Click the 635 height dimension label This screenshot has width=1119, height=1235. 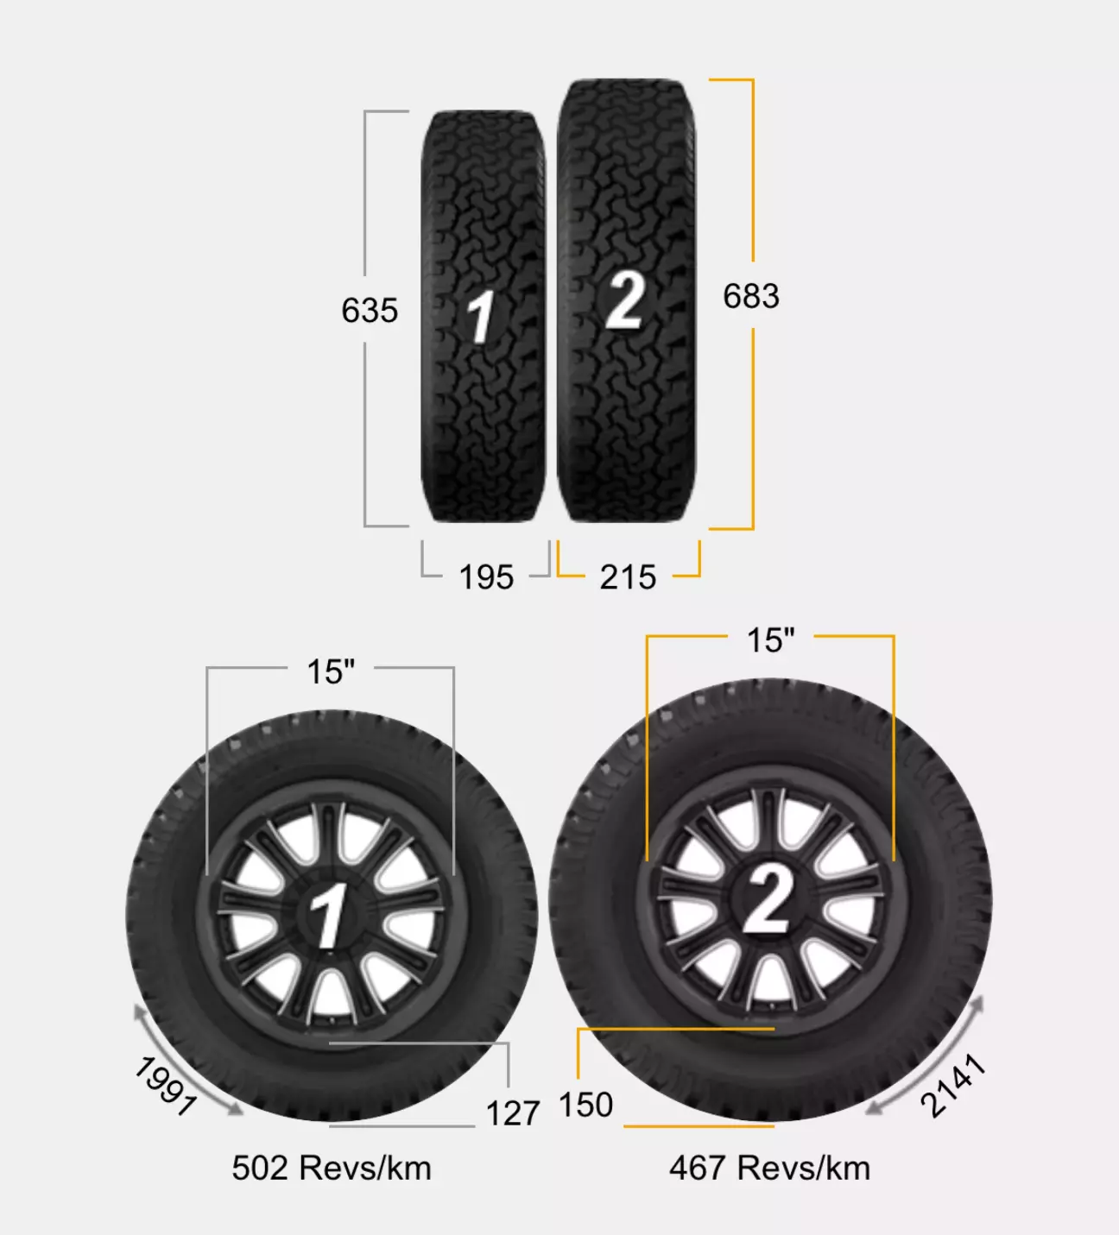pyautogui.click(x=370, y=310)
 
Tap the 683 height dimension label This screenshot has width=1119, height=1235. pyautogui.click(x=751, y=295)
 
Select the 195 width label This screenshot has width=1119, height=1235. pyautogui.click(x=486, y=577)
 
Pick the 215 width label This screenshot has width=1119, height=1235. pyautogui.click(x=628, y=577)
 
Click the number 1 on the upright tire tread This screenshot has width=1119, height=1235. pyautogui.click(x=481, y=316)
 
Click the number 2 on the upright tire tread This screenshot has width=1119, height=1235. pyautogui.click(x=625, y=300)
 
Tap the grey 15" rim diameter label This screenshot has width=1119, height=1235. pyautogui.click(x=331, y=671)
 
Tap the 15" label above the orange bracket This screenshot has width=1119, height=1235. pyautogui.click(x=771, y=640)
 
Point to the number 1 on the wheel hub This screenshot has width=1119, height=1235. pyautogui.click(x=328, y=915)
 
